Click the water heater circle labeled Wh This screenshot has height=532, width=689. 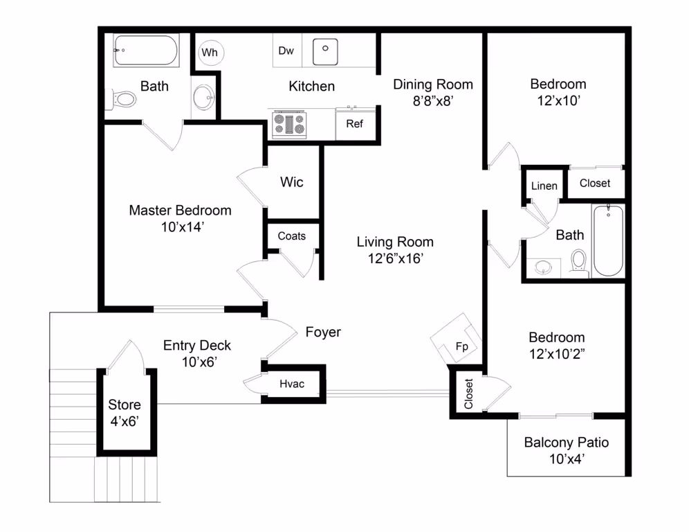[x=209, y=52]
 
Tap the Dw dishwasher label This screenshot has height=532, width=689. [x=286, y=51]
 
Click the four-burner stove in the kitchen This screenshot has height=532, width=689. [x=289, y=124]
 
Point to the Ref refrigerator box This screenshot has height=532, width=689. [x=354, y=124]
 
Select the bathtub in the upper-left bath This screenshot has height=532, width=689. [x=146, y=51]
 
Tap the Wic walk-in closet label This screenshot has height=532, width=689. [x=291, y=182]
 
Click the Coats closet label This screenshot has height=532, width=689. [x=291, y=236]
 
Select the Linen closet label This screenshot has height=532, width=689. [x=544, y=186]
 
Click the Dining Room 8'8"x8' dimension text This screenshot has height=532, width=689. [x=433, y=100]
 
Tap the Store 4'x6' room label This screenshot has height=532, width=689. [x=125, y=411]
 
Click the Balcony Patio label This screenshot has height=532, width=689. [x=566, y=442]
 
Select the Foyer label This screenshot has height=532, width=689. [x=323, y=332]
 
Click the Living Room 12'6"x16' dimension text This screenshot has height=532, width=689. [x=395, y=258]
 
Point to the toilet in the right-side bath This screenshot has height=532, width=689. [x=578, y=262]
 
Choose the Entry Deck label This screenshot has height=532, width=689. [x=197, y=345]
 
